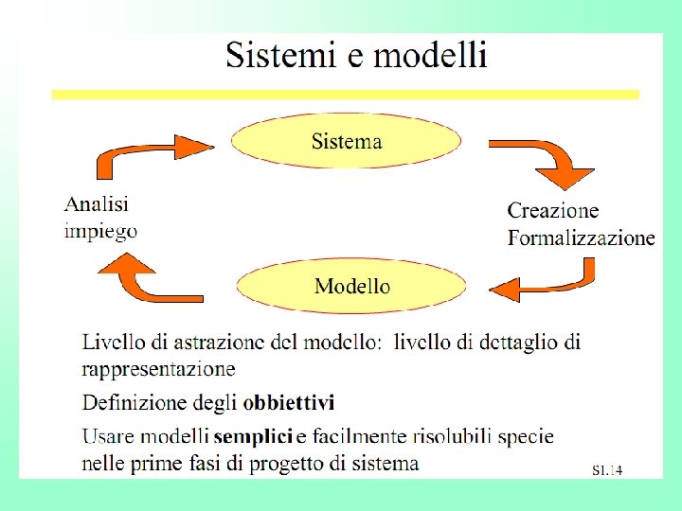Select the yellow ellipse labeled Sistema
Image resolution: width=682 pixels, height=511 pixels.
[x=347, y=142]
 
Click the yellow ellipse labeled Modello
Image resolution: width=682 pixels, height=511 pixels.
[x=351, y=286]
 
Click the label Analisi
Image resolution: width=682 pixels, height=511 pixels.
[x=97, y=203]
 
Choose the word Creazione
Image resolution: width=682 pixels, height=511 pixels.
[x=553, y=210]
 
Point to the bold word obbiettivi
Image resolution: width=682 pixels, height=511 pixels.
[x=289, y=403]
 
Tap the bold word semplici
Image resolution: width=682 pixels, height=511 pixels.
[x=253, y=436]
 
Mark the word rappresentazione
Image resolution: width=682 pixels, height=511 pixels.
[x=159, y=367]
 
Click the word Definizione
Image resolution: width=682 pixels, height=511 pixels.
[x=134, y=403]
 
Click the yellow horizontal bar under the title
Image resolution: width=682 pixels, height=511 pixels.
[x=346, y=95]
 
